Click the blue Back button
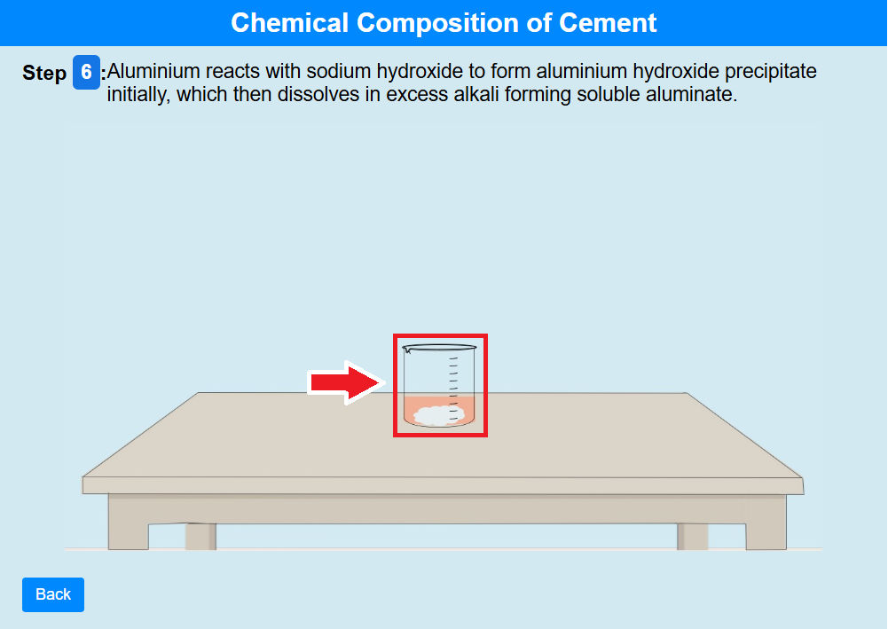53,594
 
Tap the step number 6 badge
86,72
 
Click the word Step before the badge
44,73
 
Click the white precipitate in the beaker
439,415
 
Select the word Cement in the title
608,23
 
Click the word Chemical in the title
289,23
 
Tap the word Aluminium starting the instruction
153,71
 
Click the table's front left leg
129,522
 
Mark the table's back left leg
200,536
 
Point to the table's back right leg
693,536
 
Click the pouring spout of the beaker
406,350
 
